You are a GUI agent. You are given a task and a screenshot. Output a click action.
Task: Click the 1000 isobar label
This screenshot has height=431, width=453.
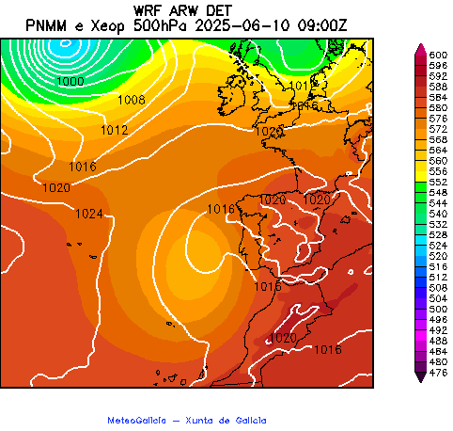pos(70,82)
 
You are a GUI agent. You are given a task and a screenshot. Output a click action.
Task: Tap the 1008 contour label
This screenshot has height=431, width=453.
pos(131,100)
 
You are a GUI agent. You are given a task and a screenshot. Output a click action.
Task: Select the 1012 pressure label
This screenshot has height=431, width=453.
pos(114,130)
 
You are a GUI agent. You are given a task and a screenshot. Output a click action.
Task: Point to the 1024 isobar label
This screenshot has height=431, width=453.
pos(88,214)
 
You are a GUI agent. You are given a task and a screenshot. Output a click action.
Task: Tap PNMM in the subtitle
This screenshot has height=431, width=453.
pos(45,24)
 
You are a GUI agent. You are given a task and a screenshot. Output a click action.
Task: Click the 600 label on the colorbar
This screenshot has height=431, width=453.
pos(437,56)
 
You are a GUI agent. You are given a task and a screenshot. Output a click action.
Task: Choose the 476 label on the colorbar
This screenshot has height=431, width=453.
pos(437,374)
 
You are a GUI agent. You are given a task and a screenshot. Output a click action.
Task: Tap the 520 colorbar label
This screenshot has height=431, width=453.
pos(437,256)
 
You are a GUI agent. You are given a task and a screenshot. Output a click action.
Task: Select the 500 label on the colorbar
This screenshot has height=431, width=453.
pos(437,309)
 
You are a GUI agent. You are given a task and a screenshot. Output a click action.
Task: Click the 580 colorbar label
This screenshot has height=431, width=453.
pos(437,107)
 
